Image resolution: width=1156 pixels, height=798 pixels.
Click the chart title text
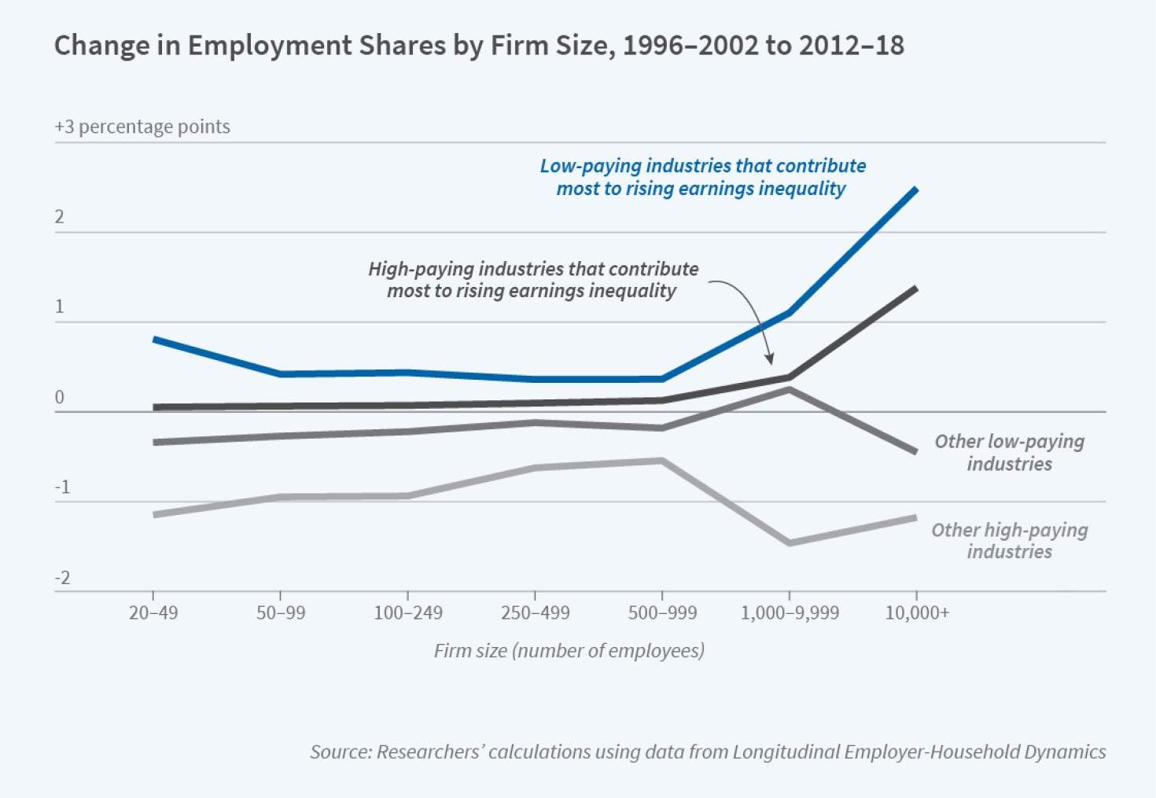click(x=479, y=46)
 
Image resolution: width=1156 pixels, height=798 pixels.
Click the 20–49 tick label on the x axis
click(x=153, y=612)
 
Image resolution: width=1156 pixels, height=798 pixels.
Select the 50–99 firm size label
click(x=281, y=612)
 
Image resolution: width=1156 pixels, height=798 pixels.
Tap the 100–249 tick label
click(x=408, y=612)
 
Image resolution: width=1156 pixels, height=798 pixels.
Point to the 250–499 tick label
click(x=535, y=612)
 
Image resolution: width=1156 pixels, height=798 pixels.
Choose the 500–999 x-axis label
click(x=662, y=612)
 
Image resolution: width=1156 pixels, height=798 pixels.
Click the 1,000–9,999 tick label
click(x=790, y=612)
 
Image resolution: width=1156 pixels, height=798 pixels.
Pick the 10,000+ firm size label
click(x=917, y=612)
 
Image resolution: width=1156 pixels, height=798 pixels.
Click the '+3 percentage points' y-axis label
click(x=142, y=127)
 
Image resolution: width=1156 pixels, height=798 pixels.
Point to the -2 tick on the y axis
click(x=62, y=578)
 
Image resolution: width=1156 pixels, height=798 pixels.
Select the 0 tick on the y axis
click(x=60, y=398)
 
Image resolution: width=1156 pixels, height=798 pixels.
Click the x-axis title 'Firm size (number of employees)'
click(x=569, y=651)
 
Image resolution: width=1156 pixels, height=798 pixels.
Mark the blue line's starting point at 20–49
click(x=155, y=340)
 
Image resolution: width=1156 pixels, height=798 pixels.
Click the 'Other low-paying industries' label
click(x=1009, y=452)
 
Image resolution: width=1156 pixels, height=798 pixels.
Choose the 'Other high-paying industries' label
click(x=1009, y=541)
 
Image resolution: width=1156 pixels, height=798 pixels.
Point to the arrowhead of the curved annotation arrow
click(x=770, y=361)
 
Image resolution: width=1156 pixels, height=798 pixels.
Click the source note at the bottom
click(x=708, y=752)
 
